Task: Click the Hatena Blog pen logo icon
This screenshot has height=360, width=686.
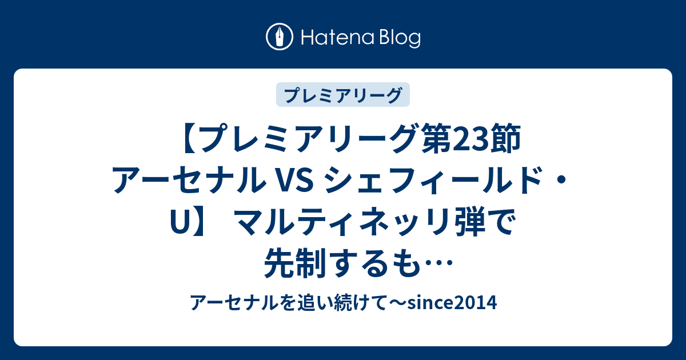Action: click(280, 37)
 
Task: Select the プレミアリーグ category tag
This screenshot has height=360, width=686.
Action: click(342, 95)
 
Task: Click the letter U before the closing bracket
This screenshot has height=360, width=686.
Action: click(179, 223)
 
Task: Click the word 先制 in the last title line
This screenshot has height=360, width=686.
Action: click(295, 263)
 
